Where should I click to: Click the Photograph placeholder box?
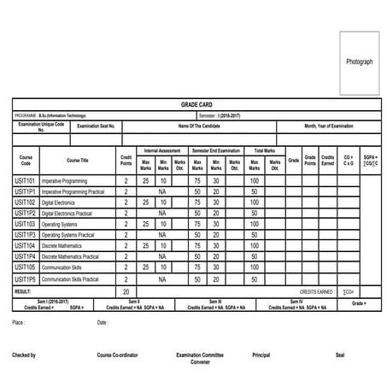pyautogui.click(x=359, y=63)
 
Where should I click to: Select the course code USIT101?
pyautogui.click(x=26, y=181)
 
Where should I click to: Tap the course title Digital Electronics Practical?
pyautogui.click(x=71, y=214)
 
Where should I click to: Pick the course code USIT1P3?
pyautogui.click(x=26, y=235)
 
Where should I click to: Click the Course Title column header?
pyautogui.click(x=78, y=160)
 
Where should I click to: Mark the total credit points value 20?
pyautogui.click(x=126, y=291)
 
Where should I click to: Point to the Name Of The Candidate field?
pyautogui.click(x=199, y=126)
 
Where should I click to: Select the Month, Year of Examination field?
pyautogui.click(x=328, y=126)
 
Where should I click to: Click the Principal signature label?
pyautogui.click(x=262, y=354)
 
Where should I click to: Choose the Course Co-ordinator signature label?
pyautogui.click(x=117, y=354)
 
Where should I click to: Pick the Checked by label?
pyautogui.click(x=24, y=354)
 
